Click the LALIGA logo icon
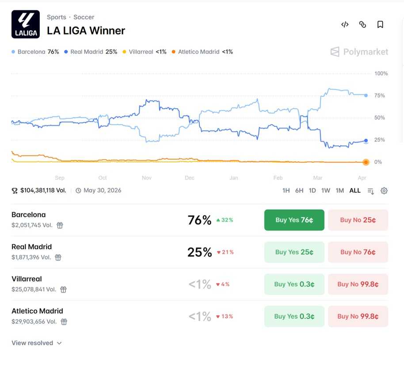(25, 24)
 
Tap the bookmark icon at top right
(380, 25)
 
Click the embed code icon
(345, 25)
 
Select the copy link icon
(362, 25)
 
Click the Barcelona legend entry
(35, 52)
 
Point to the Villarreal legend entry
(145, 52)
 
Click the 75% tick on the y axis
(379, 95)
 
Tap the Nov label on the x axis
(147, 178)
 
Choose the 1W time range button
(326, 191)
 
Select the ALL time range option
(355, 191)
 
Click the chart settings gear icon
(384, 191)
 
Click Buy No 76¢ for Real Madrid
(358, 252)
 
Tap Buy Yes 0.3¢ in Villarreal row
(294, 284)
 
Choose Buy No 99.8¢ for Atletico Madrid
(358, 316)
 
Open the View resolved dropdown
(37, 343)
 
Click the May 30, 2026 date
(102, 191)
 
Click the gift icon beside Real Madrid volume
(58, 257)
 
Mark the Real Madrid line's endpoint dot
(366, 141)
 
